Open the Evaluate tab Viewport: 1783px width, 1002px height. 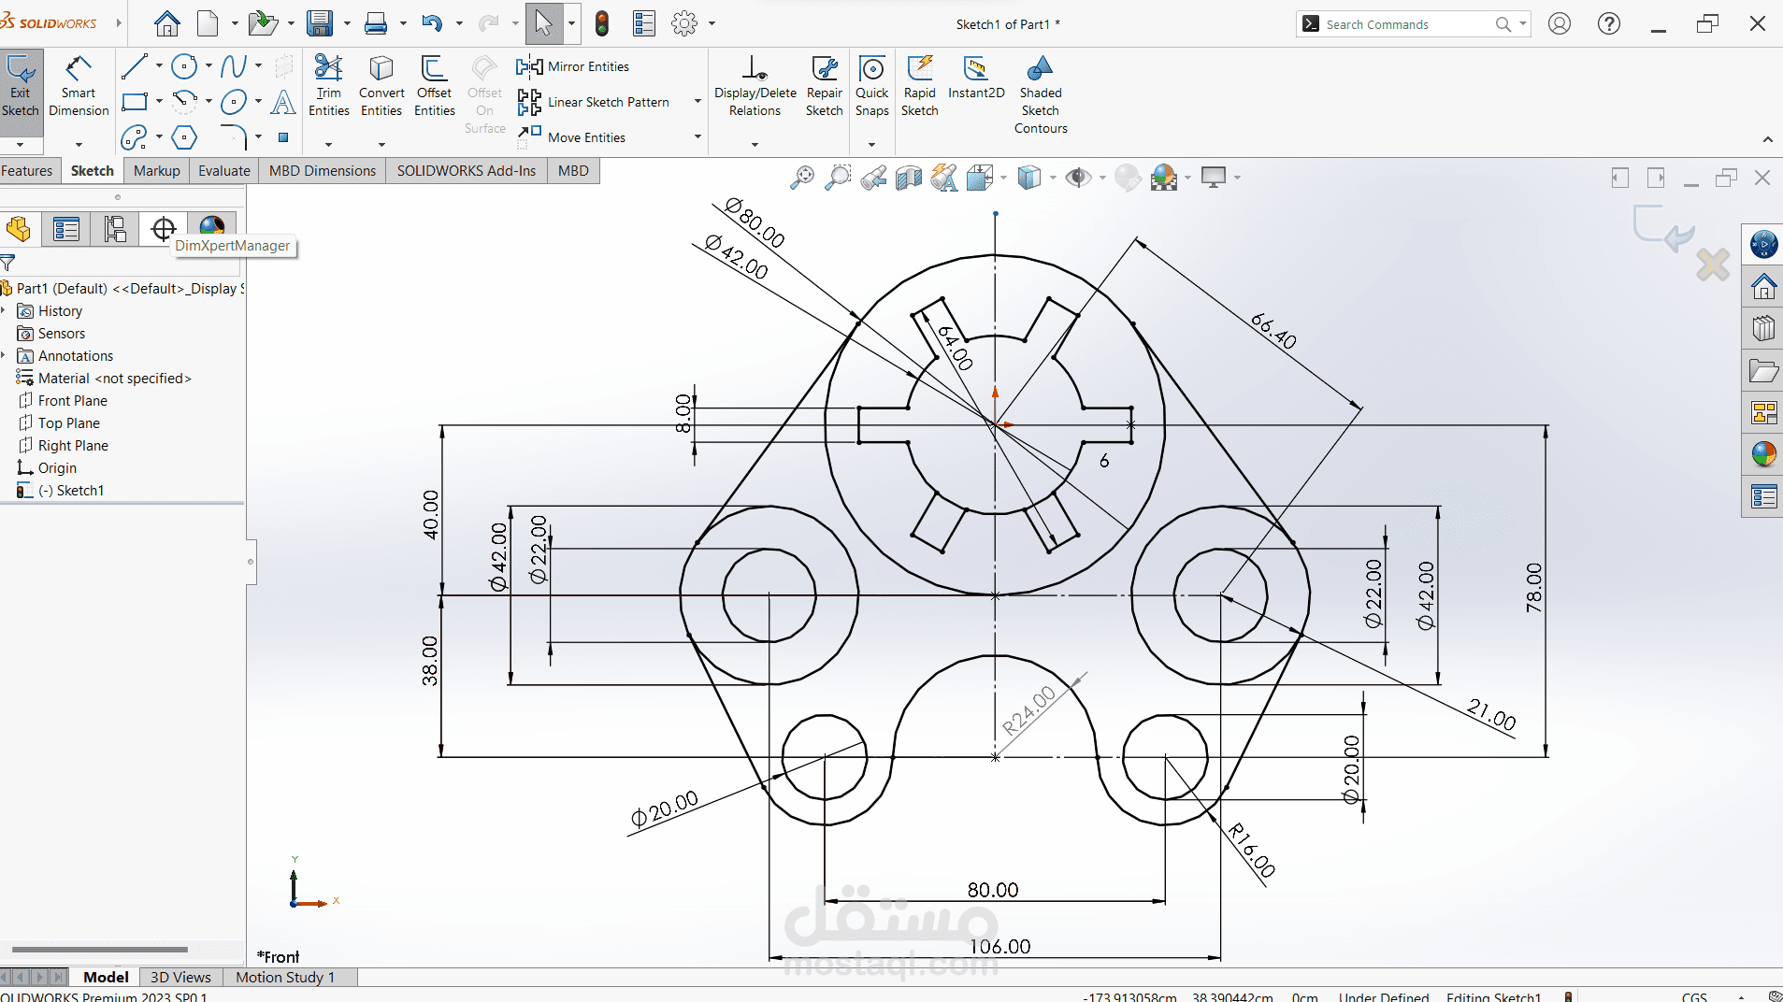point(223,171)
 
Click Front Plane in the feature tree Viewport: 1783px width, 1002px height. point(72,401)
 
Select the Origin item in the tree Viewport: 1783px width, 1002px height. point(57,468)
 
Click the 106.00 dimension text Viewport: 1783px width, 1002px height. point(999,947)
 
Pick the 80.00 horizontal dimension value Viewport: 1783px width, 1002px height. point(992,890)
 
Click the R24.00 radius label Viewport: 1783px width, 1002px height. point(1028,710)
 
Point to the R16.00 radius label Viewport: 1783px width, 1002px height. point(1252,851)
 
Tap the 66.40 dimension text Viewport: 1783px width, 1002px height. point(1273,331)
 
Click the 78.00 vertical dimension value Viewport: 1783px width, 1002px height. point(1534,588)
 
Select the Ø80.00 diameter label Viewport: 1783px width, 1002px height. point(755,222)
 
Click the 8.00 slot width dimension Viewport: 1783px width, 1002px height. point(683,413)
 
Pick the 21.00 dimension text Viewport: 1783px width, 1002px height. point(1491,715)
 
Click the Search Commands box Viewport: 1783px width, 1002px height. point(1407,24)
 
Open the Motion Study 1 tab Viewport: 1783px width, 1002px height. point(284,977)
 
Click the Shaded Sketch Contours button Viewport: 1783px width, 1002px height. point(1041,93)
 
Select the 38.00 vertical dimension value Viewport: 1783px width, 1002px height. point(429,661)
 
